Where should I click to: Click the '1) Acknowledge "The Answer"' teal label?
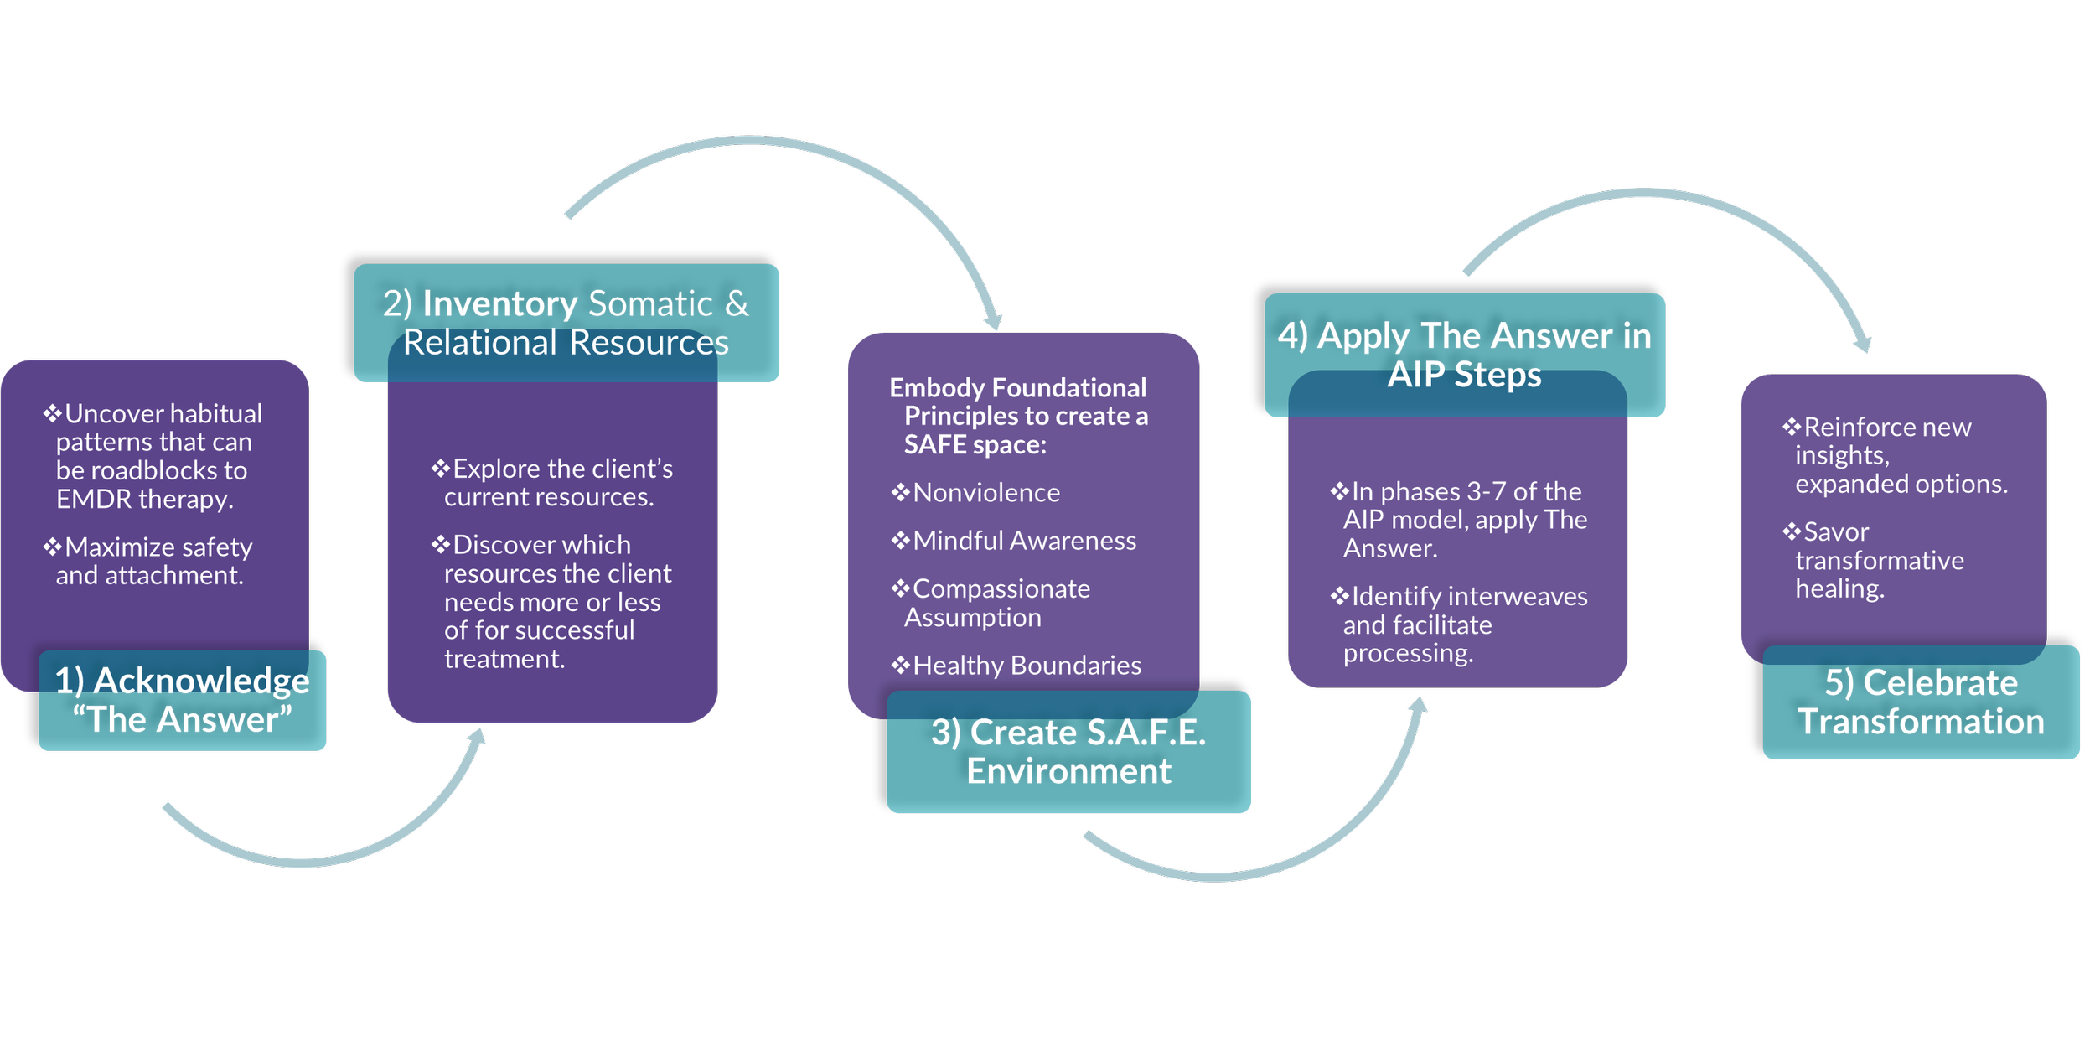(182, 700)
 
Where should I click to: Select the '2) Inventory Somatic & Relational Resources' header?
(566, 323)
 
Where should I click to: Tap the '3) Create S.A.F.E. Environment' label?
(1068, 751)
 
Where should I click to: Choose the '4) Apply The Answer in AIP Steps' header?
(1464, 355)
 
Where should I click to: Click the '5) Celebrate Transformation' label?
(1921, 702)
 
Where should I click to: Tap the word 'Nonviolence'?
(986, 493)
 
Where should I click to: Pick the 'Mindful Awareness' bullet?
(1023, 541)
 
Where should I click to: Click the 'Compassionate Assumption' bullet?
(997, 603)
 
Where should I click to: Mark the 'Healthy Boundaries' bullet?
(1026, 666)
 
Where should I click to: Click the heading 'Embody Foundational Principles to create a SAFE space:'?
(1018, 416)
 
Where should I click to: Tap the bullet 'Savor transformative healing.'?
(1877, 560)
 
